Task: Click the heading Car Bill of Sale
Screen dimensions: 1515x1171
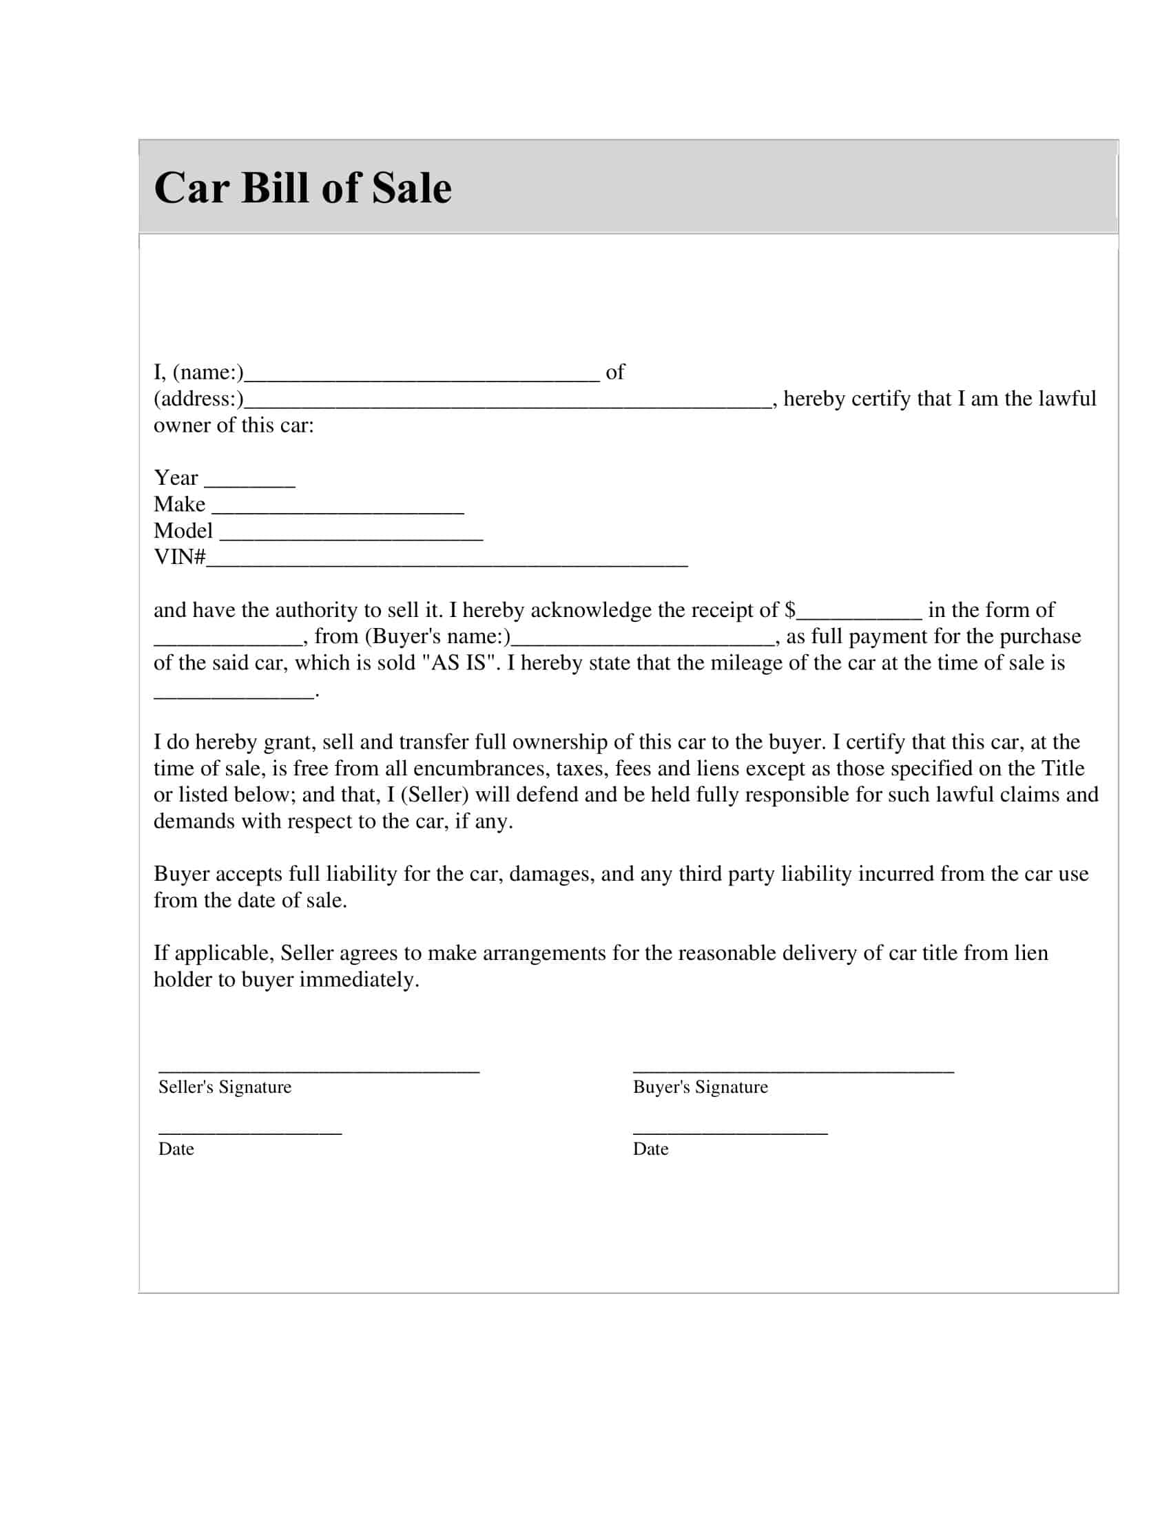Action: tap(302, 187)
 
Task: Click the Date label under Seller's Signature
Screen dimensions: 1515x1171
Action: tap(176, 1149)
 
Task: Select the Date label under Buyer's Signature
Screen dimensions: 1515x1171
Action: tap(651, 1149)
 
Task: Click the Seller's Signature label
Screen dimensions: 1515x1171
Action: tap(225, 1087)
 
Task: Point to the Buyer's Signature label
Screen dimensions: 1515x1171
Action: tap(700, 1087)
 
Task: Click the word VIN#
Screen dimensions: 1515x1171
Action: tap(180, 557)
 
